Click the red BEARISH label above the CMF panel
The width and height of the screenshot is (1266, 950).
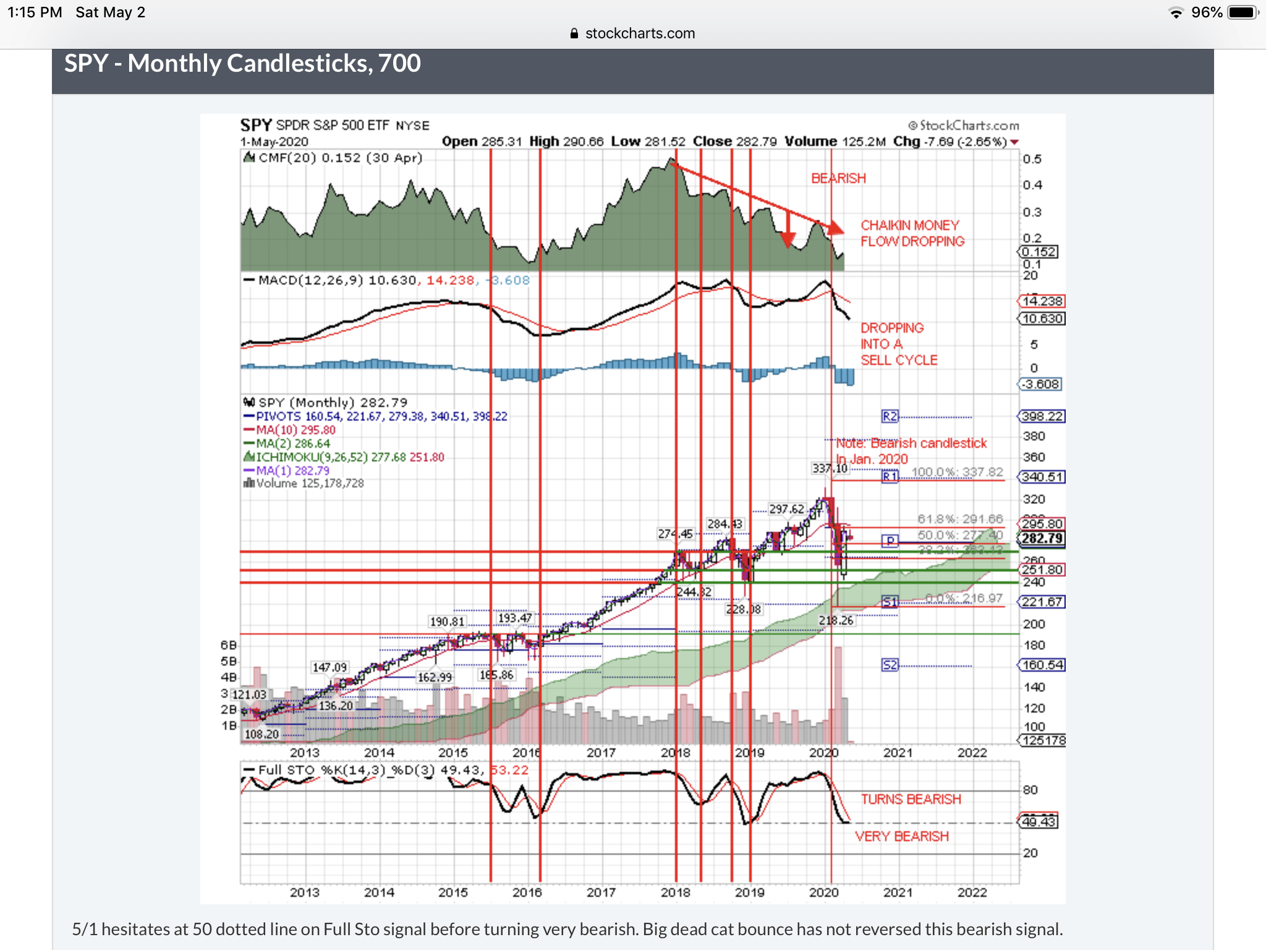(838, 178)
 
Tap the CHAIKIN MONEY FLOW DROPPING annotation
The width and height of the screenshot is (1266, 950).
(912, 233)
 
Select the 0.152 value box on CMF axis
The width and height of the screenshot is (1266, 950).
(1039, 252)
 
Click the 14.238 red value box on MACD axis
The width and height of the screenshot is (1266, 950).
(1042, 301)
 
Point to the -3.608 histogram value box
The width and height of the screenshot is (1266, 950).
(1040, 384)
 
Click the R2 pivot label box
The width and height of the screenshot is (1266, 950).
(890, 416)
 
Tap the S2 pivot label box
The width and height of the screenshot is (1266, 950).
(890, 665)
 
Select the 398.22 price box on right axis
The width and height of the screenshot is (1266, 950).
(1042, 416)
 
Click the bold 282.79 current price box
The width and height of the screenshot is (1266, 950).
(1042, 538)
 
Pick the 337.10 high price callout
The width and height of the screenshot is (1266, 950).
(830, 468)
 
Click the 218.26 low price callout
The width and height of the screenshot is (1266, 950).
(836, 620)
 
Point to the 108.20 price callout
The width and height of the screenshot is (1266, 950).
(262, 734)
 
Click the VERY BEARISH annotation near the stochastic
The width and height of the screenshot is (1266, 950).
(901, 836)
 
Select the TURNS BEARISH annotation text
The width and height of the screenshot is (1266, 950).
(911, 799)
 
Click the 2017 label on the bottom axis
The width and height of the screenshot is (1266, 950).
(601, 892)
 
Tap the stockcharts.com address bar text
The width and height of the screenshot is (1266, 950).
(639, 33)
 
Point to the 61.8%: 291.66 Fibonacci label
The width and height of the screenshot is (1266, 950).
(959, 519)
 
